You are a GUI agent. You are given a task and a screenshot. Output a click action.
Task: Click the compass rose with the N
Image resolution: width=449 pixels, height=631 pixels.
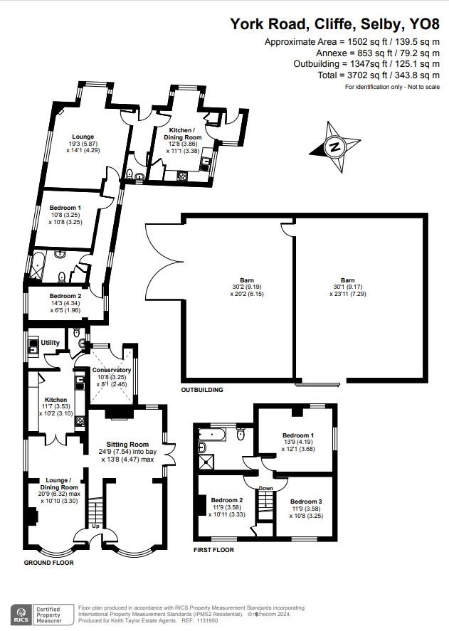click(333, 147)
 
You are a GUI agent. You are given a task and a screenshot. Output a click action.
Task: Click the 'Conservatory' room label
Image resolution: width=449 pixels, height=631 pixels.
click(112, 370)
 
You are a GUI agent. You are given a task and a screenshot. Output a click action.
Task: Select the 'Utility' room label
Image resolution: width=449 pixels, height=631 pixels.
click(50, 343)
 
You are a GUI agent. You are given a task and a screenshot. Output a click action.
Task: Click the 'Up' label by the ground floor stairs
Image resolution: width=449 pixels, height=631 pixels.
click(97, 528)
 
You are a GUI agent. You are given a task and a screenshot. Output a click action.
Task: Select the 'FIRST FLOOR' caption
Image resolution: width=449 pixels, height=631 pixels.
click(213, 550)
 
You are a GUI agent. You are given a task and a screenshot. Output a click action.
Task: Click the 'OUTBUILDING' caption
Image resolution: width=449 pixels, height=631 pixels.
click(202, 390)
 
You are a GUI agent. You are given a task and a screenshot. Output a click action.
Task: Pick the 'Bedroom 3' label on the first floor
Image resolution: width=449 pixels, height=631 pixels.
click(308, 502)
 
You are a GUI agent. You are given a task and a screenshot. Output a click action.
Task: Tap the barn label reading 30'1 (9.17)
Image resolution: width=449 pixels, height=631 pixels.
click(347, 280)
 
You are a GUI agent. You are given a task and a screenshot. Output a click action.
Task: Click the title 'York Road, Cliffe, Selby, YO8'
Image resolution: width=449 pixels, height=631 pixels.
click(334, 24)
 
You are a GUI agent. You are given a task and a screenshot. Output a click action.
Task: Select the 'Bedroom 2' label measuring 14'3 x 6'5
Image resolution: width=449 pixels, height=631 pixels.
click(65, 296)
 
